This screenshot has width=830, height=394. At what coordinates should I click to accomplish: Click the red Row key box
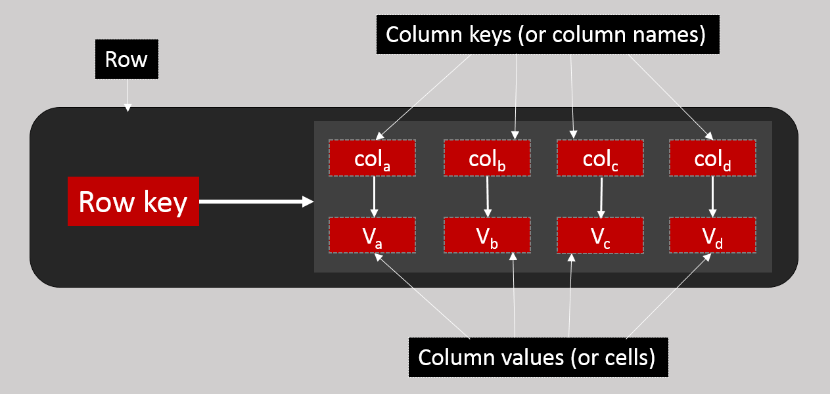[133, 201]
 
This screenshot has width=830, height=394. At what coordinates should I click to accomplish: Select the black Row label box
[127, 60]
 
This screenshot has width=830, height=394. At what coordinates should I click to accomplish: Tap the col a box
[372, 158]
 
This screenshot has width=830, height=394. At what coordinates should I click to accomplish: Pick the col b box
[487, 158]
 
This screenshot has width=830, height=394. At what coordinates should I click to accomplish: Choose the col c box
[600, 158]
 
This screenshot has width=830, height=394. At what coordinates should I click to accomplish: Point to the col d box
[713, 158]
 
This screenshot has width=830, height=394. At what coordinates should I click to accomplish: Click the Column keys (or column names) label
[547, 35]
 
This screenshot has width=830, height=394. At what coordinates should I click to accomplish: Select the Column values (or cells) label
[538, 357]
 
